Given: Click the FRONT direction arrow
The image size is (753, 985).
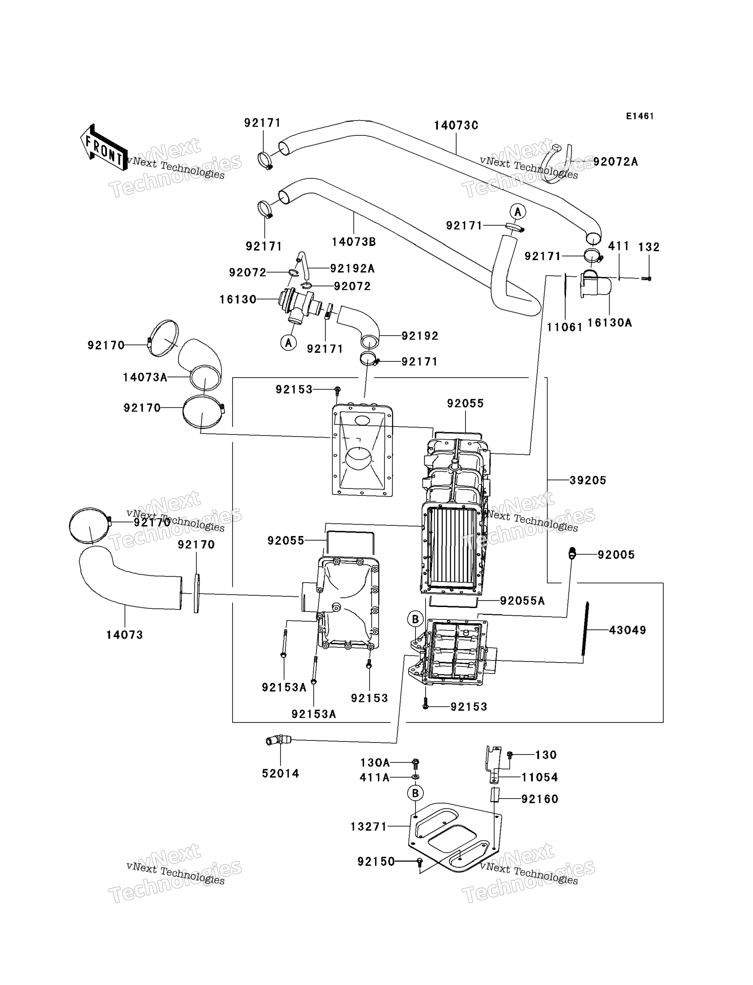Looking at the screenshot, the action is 103,147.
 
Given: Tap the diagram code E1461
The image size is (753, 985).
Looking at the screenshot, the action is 640,116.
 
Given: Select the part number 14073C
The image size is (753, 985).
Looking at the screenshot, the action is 456,125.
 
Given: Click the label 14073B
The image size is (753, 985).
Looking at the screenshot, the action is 354,242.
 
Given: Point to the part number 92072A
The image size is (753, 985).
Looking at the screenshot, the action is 615,162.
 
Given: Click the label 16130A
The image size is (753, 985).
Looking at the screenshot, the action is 609,323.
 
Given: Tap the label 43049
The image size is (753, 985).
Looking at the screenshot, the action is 628,630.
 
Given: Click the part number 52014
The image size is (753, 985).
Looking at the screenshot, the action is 281,774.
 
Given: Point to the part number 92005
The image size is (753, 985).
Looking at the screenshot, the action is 616,555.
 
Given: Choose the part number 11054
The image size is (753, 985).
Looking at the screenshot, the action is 540,777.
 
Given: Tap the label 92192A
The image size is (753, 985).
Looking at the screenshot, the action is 352,268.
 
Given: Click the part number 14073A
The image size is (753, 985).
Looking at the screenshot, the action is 145,377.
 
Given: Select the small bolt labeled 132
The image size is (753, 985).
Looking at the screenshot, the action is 646,279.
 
